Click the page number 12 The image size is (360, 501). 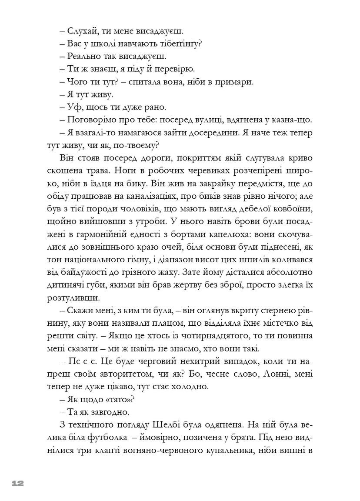tap(17, 484)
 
